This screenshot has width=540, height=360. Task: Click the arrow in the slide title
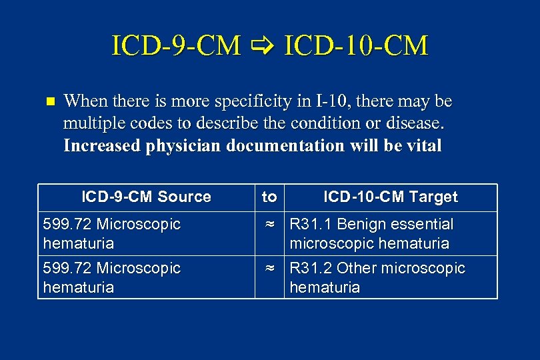263,47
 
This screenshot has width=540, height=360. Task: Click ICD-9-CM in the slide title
176,46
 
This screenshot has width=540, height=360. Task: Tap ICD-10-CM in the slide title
356,46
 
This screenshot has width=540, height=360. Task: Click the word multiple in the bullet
90,123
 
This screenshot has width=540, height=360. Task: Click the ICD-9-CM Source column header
146,197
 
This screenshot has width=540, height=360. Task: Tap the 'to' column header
269,197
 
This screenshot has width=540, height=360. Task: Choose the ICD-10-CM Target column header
391,197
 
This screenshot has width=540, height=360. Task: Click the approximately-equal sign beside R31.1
270,225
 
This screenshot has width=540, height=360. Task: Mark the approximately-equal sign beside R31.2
270,269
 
